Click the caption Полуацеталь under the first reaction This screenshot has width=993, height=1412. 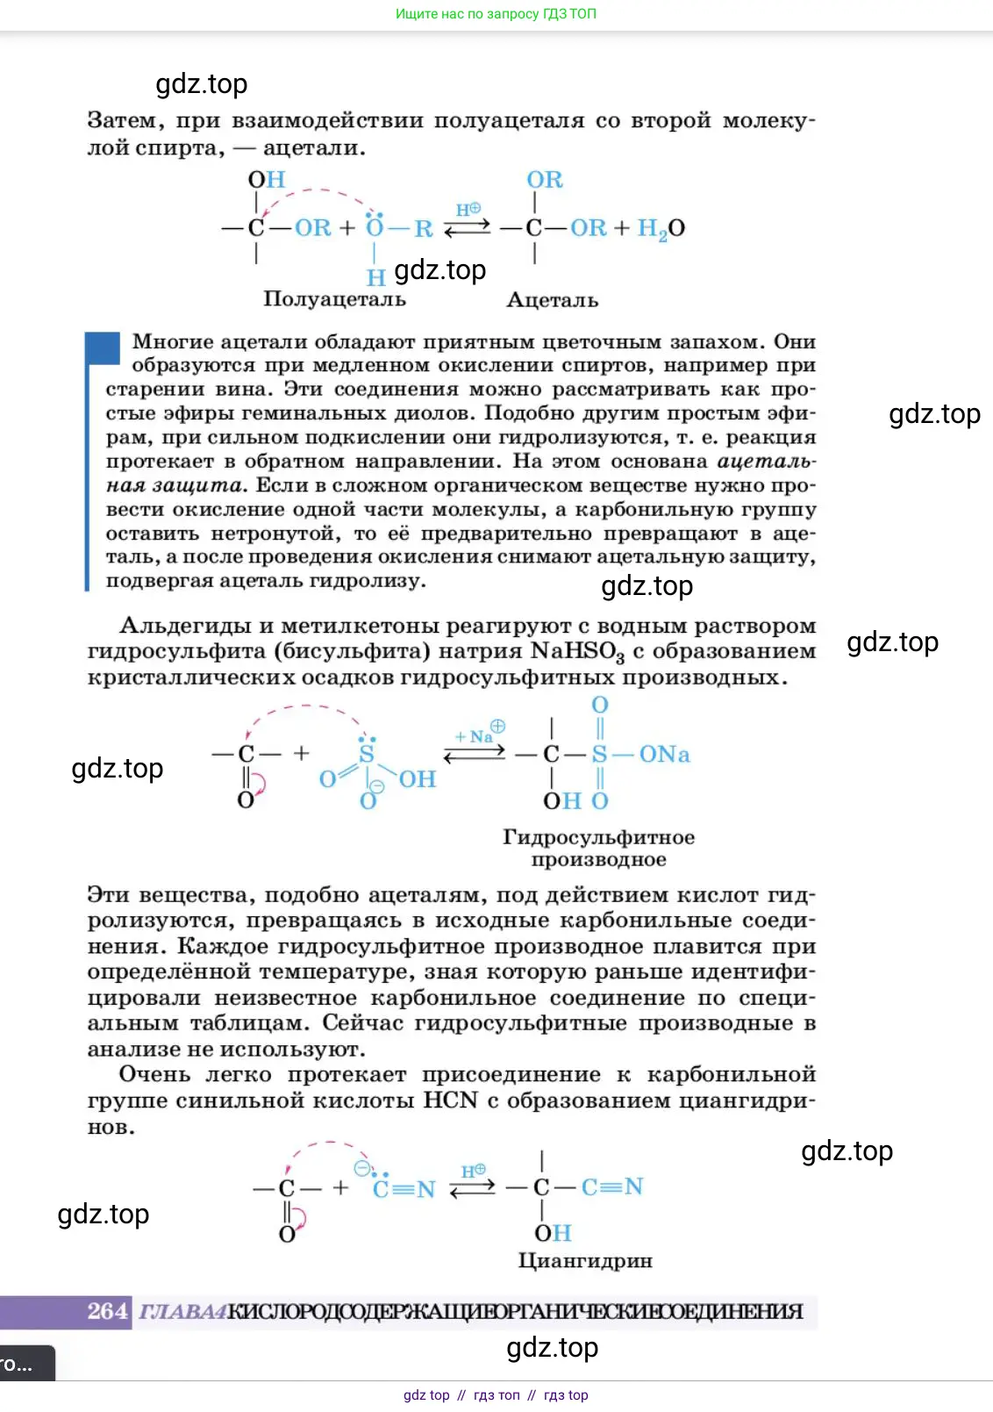tap(334, 299)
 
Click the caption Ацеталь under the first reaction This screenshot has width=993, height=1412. tap(553, 300)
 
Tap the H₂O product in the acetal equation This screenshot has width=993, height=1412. tap(661, 229)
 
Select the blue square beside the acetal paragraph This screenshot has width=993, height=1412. tap(103, 348)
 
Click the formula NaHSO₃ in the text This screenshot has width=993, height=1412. tap(577, 652)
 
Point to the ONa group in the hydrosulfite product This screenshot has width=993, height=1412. tap(664, 755)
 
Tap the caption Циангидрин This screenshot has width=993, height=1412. tap(585, 1261)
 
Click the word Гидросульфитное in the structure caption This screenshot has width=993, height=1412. tap(598, 837)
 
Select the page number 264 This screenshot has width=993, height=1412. tap(107, 1312)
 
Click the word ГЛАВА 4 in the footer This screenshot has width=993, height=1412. tap(182, 1312)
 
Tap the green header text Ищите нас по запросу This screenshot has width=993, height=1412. tap(496, 14)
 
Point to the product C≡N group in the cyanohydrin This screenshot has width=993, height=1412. tap(612, 1187)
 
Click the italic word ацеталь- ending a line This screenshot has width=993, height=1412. tap(766, 462)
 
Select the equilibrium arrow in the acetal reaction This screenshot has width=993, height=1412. tap(468, 228)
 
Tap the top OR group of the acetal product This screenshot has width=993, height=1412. tap(544, 180)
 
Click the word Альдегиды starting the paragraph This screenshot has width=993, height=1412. tap(184, 626)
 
